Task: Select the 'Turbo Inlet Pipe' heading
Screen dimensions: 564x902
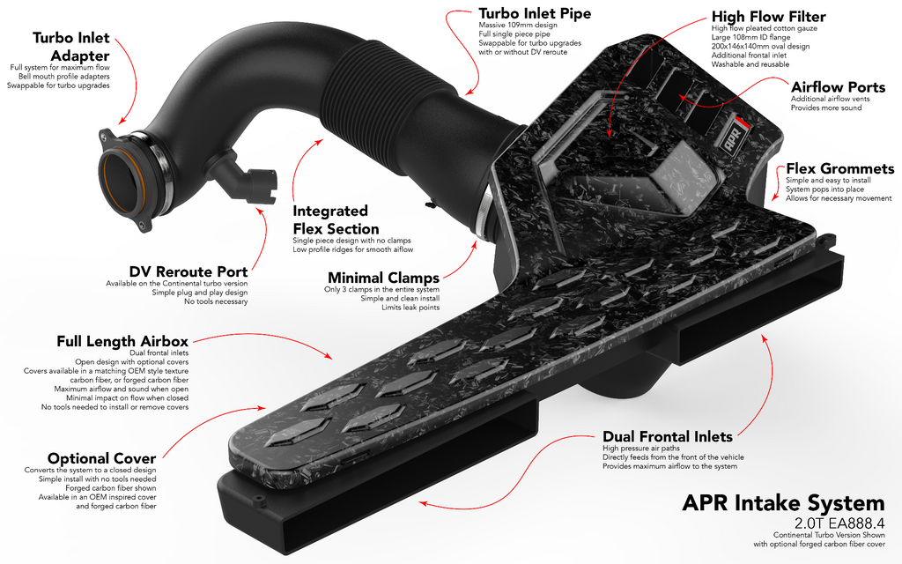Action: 535,14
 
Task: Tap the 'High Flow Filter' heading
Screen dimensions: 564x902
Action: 769,17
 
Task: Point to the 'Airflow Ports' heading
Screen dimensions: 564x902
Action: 838,86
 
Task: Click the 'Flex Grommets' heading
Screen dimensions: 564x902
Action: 839,168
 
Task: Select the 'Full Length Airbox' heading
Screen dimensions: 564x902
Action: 122,341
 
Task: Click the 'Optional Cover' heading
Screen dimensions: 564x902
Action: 101,458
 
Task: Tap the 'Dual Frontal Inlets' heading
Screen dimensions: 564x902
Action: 667,436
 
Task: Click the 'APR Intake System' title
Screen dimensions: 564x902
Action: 783,503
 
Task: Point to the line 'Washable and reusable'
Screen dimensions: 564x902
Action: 749,64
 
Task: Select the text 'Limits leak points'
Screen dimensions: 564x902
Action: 410,308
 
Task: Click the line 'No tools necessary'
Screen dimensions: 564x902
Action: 216,302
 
